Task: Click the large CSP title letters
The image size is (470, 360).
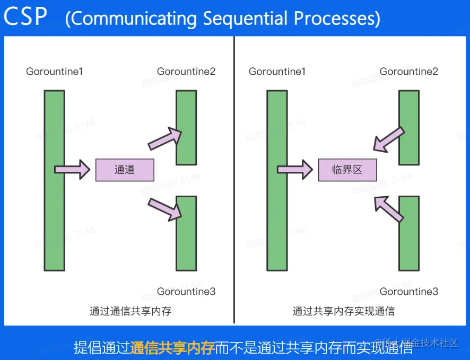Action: (x=25, y=17)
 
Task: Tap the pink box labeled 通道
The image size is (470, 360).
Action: (x=125, y=170)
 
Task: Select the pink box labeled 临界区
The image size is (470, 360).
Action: (x=347, y=170)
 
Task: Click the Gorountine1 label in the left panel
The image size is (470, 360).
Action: (x=55, y=72)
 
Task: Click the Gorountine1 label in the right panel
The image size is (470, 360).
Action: (x=277, y=72)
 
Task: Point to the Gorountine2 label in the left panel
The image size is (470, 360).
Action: (x=186, y=72)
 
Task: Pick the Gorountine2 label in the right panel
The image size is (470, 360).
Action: (x=409, y=72)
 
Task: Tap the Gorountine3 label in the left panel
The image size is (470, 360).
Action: (x=186, y=292)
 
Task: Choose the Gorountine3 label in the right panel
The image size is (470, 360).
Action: (x=409, y=292)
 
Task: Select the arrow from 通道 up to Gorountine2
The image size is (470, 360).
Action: (x=165, y=138)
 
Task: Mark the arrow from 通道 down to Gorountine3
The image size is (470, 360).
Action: (x=165, y=209)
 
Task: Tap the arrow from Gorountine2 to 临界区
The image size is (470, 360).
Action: (x=389, y=139)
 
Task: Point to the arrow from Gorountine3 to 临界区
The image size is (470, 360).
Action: (x=388, y=208)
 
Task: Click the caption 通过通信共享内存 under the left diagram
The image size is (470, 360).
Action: (x=130, y=311)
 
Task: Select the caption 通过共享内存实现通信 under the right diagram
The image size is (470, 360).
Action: (x=344, y=311)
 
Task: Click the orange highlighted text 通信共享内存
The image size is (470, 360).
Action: (x=172, y=348)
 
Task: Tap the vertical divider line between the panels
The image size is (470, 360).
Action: (x=234, y=180)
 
